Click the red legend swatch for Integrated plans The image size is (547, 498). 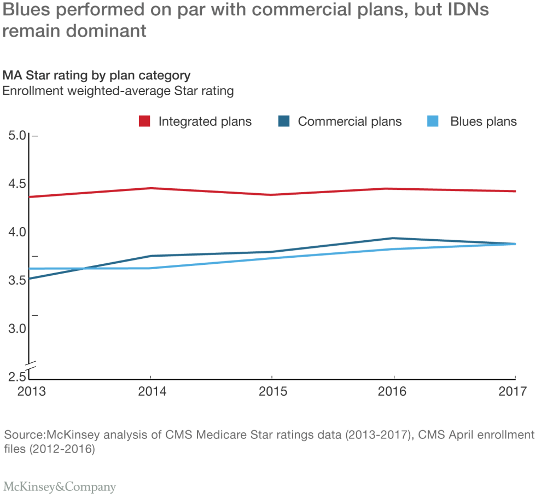coord(145,121)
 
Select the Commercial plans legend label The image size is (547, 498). coord(350,121)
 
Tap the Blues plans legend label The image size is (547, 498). coord(483,121)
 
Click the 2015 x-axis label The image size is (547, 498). coord(272,392)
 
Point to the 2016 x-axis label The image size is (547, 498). coord(393,392)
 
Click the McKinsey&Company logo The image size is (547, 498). coord(60,486)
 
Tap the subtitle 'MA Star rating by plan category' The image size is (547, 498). coord(97,75)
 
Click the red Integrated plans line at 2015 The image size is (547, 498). coord(272,195)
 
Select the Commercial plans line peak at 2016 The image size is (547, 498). coord(393,238)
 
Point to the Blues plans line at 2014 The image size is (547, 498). coord(150,268)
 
